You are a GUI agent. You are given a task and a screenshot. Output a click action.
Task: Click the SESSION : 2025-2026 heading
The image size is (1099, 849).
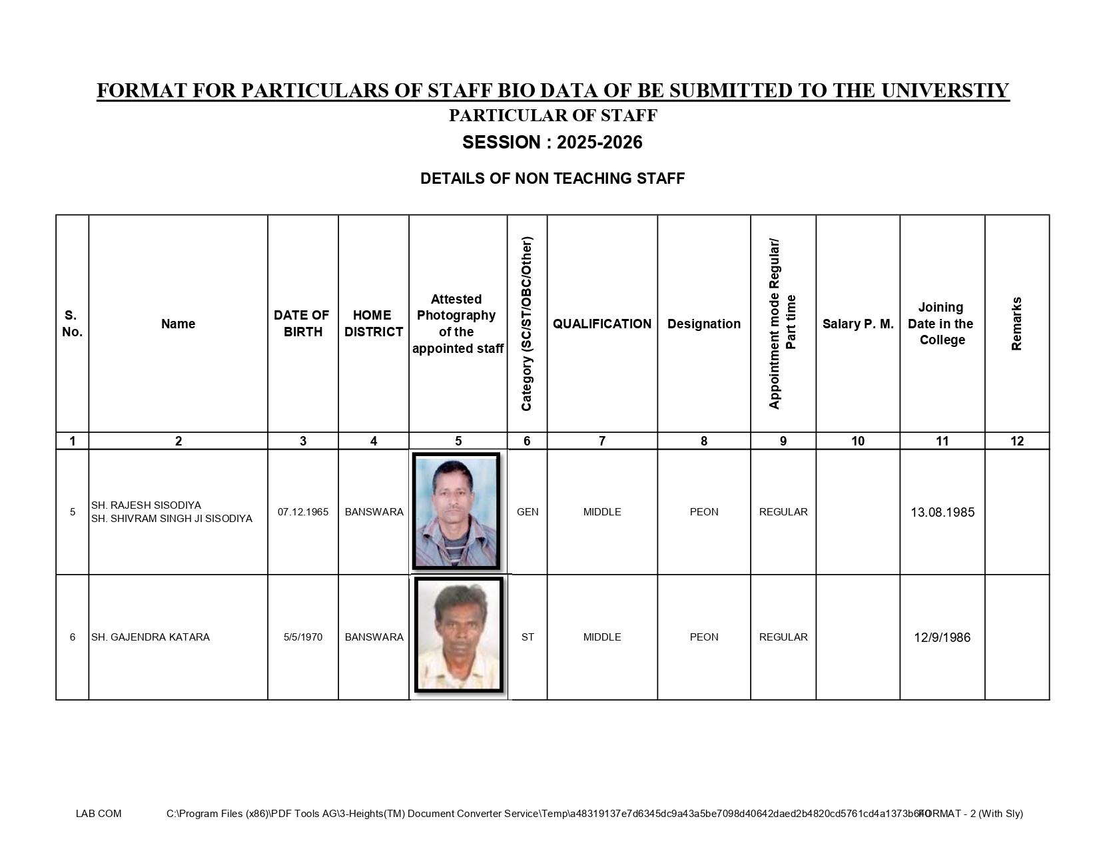coord(552,142)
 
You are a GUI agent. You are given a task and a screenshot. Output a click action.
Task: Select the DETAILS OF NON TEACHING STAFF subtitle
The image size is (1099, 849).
coord(552,178)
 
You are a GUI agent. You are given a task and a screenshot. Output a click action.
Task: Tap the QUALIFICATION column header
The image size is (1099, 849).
coord(602,324)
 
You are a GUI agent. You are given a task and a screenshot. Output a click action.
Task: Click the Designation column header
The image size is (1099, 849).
coord(703,324)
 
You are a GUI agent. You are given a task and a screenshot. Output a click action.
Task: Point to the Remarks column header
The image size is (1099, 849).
coord(1016,324)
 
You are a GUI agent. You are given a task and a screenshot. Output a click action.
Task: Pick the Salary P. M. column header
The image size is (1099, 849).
coord(858,324)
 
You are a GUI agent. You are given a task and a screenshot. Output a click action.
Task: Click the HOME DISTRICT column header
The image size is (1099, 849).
coord(373,324)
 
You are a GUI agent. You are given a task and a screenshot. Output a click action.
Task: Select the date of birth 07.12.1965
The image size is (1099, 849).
coord(303,512)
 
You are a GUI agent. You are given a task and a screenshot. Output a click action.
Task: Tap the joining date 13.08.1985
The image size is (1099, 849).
coord(942,512)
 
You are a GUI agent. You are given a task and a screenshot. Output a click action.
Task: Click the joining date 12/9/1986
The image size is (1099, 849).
coord(942,637)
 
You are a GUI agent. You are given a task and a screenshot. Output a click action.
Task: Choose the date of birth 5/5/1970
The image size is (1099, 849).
coord(303,637)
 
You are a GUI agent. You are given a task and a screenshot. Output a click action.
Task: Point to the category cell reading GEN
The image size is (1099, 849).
coord(528,512)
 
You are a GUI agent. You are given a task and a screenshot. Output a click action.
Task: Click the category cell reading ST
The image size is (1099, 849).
coord(528,637)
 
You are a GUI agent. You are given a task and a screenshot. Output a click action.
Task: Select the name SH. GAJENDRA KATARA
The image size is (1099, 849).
coord(151,637)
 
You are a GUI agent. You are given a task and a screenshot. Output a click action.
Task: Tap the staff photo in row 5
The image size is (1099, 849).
coord(456,511)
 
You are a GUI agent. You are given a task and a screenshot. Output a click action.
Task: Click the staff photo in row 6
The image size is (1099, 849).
coord(458,635)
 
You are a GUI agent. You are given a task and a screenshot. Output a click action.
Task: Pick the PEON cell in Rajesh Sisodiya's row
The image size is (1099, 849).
coord(703,512)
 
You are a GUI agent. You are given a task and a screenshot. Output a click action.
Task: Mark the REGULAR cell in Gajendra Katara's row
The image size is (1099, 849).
coord(783,637)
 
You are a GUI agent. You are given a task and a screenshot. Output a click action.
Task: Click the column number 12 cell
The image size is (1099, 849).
coord(1016,441)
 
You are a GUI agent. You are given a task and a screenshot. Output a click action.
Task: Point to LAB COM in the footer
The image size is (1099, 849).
coord(99,813)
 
